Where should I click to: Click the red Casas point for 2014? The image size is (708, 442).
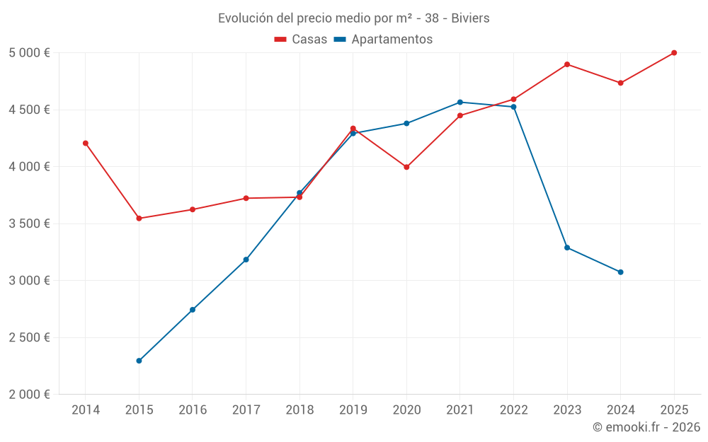tap(86, 143)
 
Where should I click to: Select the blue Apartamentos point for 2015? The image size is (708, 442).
tap(139, 361)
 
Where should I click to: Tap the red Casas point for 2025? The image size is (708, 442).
tap(674, 53)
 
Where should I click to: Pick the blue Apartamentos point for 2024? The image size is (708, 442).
tap(621, 272)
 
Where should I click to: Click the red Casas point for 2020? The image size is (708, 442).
tap(406, 167)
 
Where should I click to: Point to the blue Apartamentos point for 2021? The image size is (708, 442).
tap(460, 103)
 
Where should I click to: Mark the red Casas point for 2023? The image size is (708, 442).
tap(567, 64)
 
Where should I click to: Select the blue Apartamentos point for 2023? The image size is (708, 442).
tap(567, 248)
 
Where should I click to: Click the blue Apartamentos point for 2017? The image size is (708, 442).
tap(246, 260)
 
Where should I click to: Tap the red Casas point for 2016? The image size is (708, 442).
tap(193, 209)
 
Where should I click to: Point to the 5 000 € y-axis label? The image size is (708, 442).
tap(29, 53)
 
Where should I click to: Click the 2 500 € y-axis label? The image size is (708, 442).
tap(29, 337)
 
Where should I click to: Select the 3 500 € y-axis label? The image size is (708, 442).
tap(29, 223)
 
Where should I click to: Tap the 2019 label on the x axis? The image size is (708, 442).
tap(353, 409)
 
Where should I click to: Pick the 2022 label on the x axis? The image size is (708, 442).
tap(513, 409)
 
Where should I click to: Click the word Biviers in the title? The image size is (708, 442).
tap(469, 18)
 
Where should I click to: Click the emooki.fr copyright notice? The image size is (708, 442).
tap(646, 427)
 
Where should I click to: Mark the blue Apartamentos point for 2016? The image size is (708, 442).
tap(193, 310)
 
